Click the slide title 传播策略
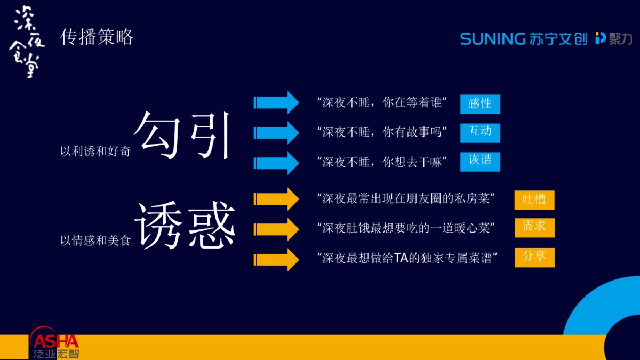[x=97, y=38]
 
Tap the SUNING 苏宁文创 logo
[x=523, y=38]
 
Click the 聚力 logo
[x=613, y=38]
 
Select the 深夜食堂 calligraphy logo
[x=27, y=42]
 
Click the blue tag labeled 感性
[x=480, y=104]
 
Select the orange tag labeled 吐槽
[x=534, y=200]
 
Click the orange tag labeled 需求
[x=534, y=227]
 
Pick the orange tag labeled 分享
[x=534, y=257]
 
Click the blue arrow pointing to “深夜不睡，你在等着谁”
[x=276, y=102]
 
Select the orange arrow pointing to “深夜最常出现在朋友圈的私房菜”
[x=276, y=199]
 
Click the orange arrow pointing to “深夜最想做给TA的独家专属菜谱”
[x=276, y=259]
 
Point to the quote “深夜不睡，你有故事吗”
[x=382, y=132]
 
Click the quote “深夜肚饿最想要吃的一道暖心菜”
[x=406, y=228]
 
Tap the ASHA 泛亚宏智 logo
[x=54, y=344]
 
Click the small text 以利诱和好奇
[x=95, y=151]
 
